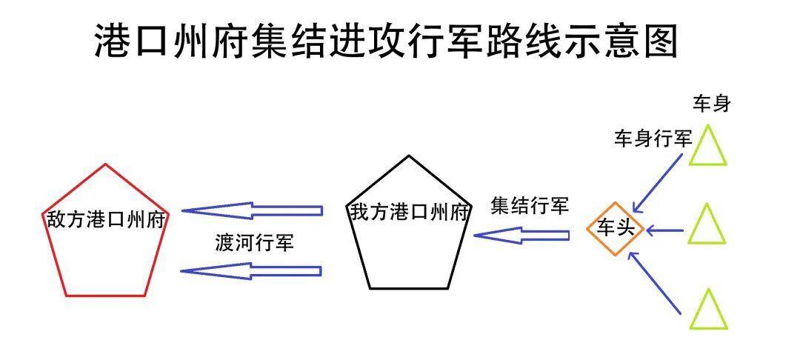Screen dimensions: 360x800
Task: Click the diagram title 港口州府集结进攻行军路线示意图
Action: pos(386,40)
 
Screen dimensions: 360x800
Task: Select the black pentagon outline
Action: pos(409,156)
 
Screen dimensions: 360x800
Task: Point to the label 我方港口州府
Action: pos(410,213)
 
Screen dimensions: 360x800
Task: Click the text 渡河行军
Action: pos(254,243)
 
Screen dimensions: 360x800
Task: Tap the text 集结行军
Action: pos(529,207)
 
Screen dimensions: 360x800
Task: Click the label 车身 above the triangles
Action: pos(712,104)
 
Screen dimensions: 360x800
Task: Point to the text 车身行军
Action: pos(653,139)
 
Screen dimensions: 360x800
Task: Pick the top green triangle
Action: pos(708,146)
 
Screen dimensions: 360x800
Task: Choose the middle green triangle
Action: pos(707,225)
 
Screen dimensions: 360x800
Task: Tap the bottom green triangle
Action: pos(708,310)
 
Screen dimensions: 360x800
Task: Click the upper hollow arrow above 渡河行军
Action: pos(252,211)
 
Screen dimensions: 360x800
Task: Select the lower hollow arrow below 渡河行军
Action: pos(252,270)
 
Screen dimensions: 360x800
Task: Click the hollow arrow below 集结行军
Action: pos(521,236)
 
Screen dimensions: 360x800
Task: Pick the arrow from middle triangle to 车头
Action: pos(664,230)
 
